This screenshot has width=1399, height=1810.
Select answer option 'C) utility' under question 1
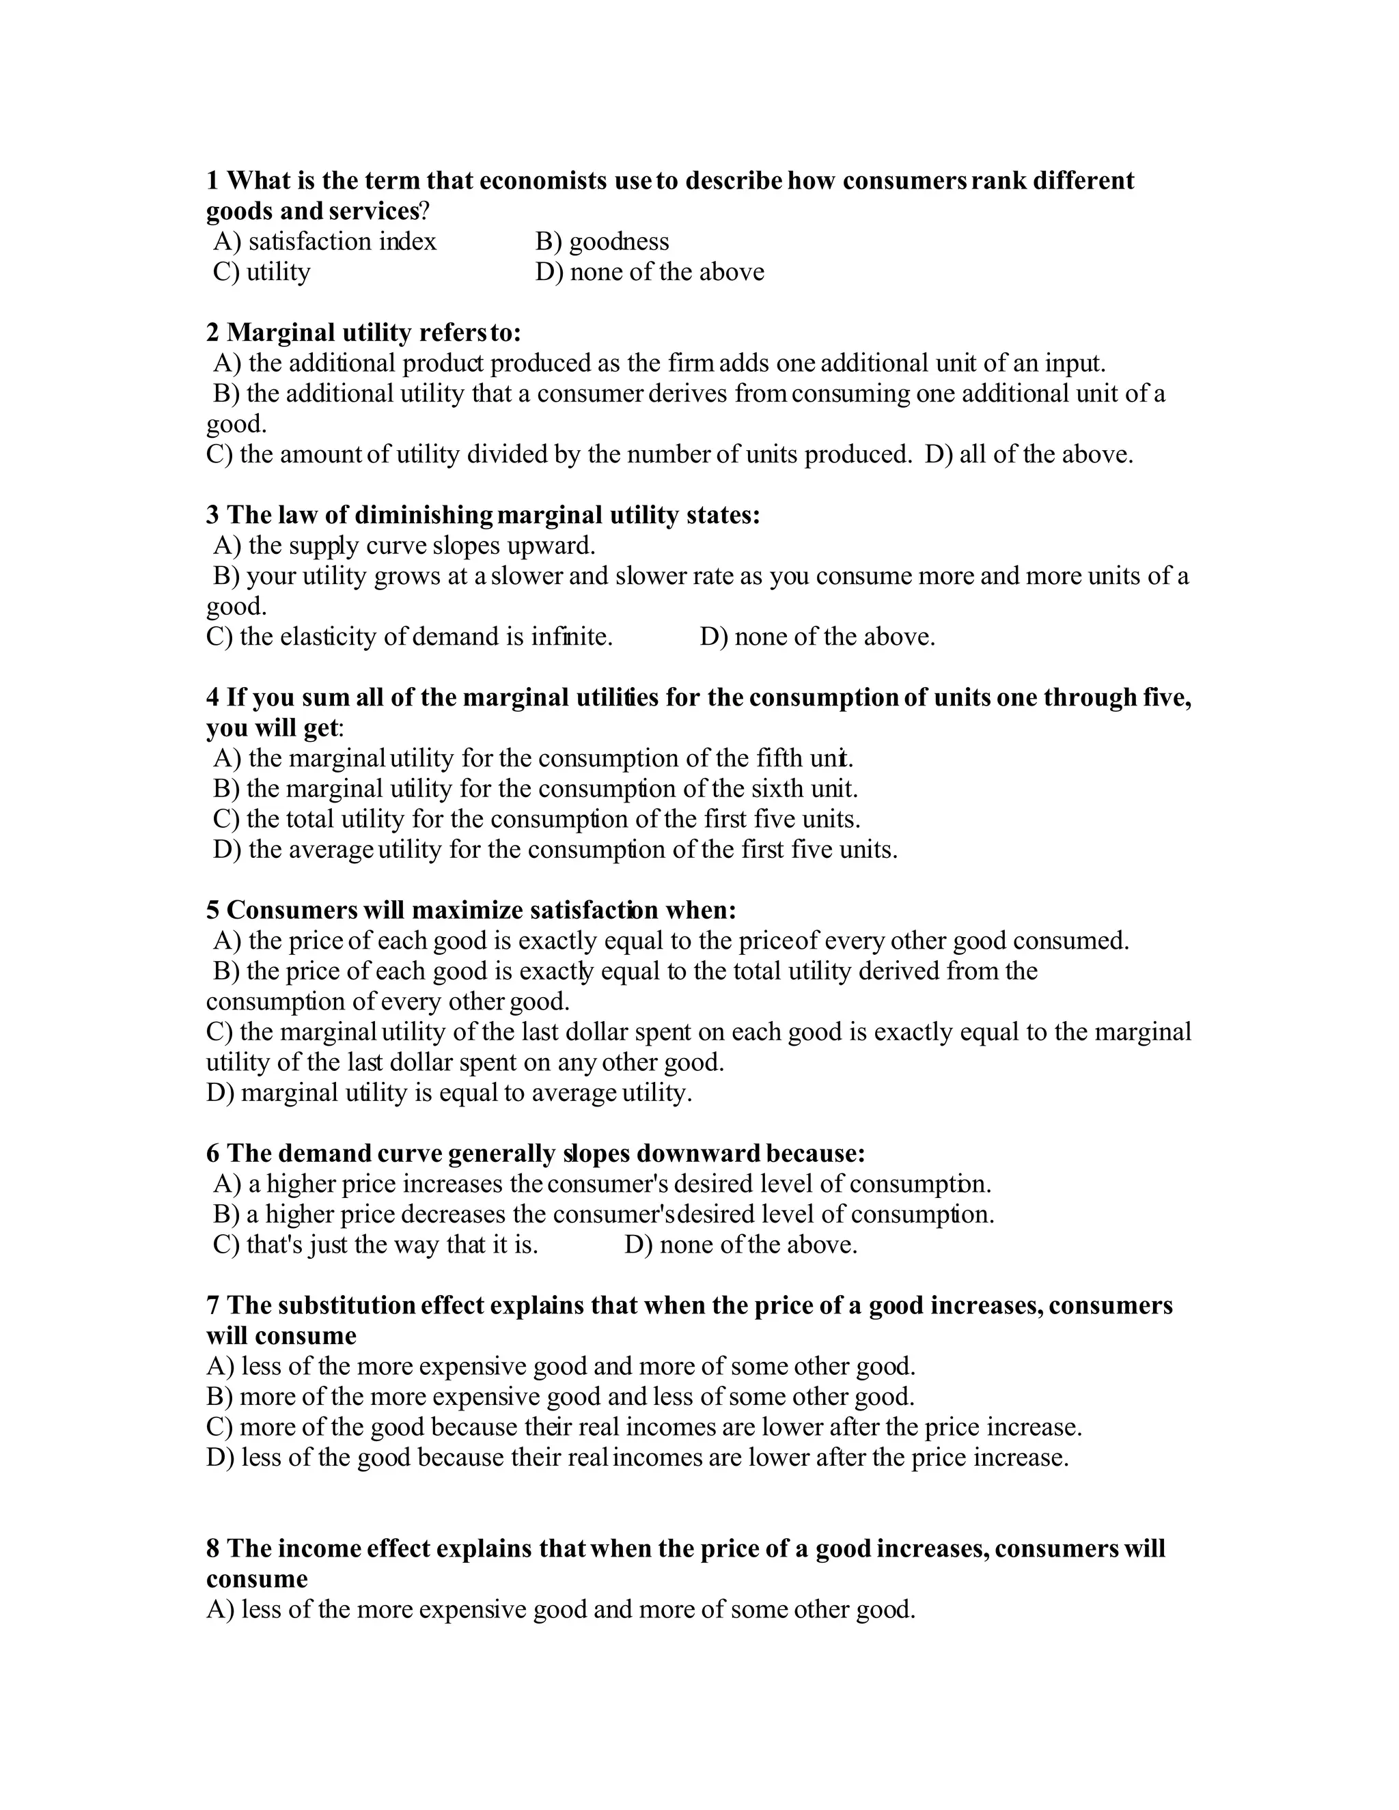[x=262, y=272]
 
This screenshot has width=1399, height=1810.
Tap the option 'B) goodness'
[x=602, y=241]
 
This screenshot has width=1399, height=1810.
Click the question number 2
[x=213, y=333]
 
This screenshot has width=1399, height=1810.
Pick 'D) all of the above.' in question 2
[x=1029, y=454]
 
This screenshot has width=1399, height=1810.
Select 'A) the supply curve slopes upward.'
[x=404, y=545]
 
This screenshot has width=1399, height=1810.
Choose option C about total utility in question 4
[x=537, y=819]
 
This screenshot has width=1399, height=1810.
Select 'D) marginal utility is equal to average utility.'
[x=449, y=1092]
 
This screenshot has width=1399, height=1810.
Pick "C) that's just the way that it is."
[x=376, y=1244]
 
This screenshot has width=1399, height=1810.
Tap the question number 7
[x=213, y=1305]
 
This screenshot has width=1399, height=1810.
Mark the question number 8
[x=213, y=1548]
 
